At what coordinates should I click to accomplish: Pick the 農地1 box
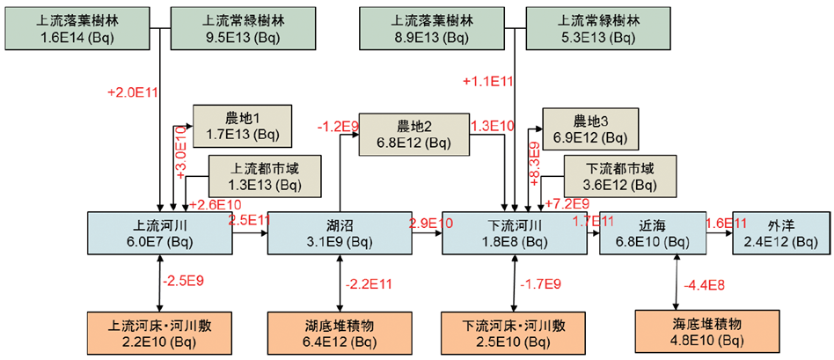(x=232, y=127)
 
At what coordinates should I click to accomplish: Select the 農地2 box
(x=413, y=133)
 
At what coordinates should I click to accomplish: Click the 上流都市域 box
(x=257, y=176)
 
